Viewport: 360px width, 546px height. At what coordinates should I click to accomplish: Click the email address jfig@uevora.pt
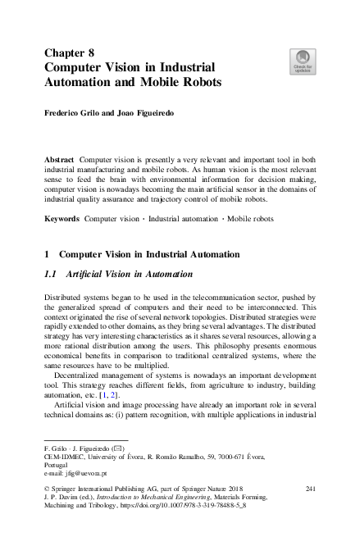(84, 474)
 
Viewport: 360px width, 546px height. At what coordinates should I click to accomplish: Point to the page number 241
(310, 489)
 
